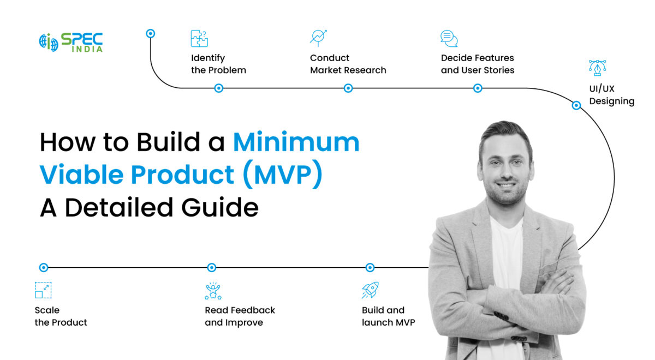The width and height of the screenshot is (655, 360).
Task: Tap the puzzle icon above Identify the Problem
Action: point(199,39)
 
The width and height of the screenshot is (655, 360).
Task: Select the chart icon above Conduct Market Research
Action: point(318,38)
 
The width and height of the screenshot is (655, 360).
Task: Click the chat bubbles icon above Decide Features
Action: point(449,38)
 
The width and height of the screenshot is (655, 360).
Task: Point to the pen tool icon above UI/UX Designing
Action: point(598,68)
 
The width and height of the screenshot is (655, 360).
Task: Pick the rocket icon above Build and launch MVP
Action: point(370,290)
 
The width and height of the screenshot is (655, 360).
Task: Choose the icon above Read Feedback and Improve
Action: point(213,291)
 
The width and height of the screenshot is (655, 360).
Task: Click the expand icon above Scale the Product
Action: point(43,290)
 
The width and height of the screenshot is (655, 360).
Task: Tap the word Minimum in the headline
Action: point(296,142)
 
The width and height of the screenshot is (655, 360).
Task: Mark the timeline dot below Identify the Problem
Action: point(218,88)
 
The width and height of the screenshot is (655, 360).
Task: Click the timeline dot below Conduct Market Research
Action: point(348,88)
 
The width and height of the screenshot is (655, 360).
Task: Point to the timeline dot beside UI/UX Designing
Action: point(576,105)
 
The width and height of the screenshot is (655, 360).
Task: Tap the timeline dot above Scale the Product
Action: point(44,267)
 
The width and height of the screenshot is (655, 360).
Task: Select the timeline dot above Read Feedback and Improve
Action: point(212,267)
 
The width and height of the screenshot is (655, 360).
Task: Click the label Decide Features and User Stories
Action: point(478,64)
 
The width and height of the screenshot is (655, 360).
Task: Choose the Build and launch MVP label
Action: point(388,316)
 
